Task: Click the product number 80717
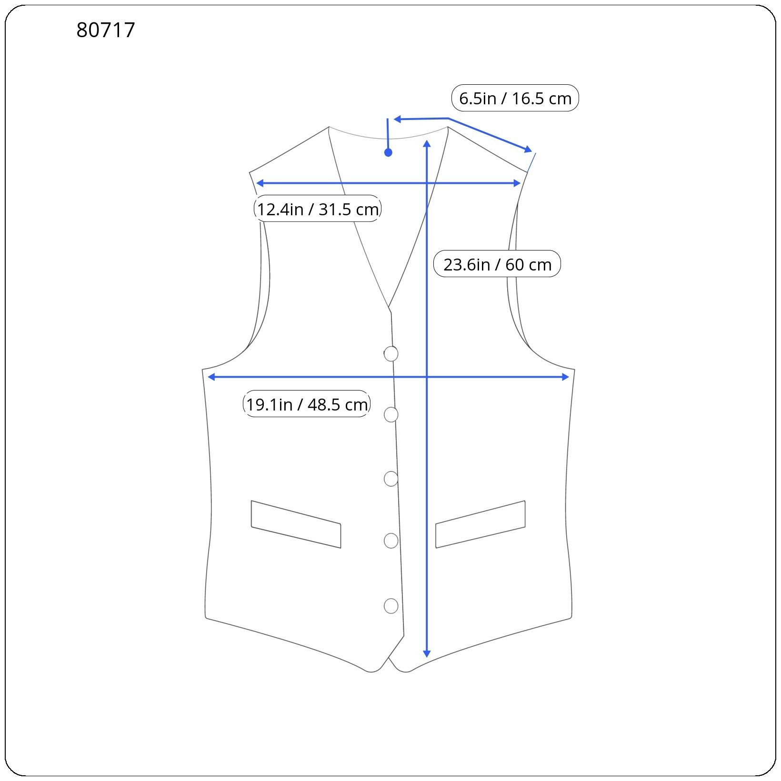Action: point(106,30)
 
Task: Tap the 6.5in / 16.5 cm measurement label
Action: point(515,98)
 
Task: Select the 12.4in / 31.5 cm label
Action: point(318,209)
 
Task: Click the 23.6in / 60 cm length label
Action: point(497,264)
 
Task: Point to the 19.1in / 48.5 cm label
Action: point(307,404)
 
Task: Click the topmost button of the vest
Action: point(390,354)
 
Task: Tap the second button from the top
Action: point(391,415)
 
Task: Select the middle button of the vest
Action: point(391,479)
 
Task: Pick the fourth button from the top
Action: point(391,541)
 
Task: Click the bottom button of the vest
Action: point(391,606)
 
